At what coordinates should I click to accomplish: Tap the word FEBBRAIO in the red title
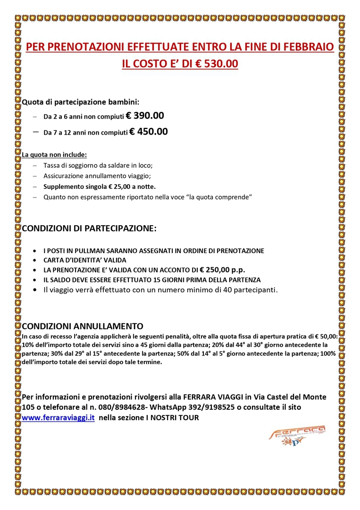pos(307,47)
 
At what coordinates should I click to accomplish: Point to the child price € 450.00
pos(148,132)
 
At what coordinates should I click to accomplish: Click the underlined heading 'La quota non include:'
pos(54,154)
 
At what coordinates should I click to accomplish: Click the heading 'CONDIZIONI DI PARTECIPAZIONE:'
pos(89,229)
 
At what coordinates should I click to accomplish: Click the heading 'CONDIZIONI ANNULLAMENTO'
pos(83,326)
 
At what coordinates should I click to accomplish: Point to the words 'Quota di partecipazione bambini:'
pos(81,102)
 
